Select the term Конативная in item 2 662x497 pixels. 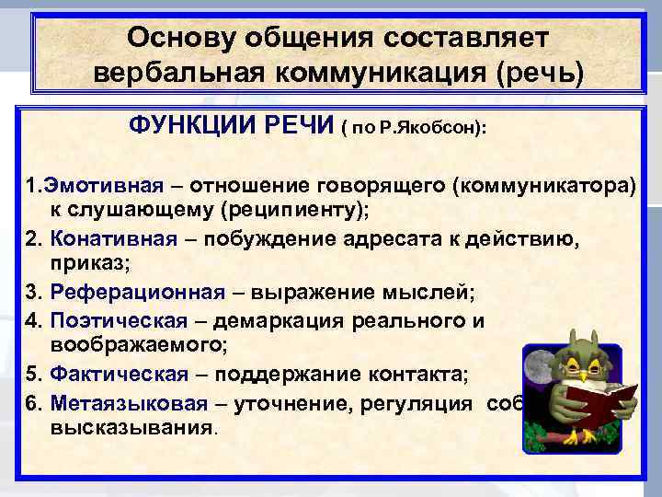(x=114, y=239)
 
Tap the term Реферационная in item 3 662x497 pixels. (x=138, y=293)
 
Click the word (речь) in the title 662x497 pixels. (x=540, y=73)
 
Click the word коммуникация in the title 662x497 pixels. (x=385, y=73)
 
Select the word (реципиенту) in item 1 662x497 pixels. (x=294, y=211)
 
